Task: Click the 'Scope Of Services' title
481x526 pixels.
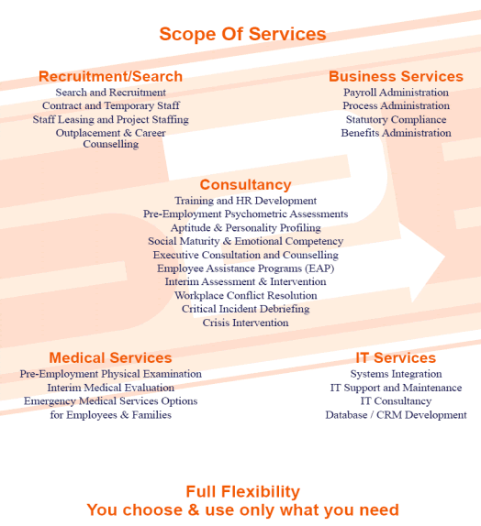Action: pyautogui.click(x=242, y=34)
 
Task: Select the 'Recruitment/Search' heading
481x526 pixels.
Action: pyautogui.click(x=110, y=76)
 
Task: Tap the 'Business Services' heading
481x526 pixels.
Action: pyautogui.click(x=396, y=76)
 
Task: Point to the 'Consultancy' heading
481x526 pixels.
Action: pyautogui.click(x=245, y=184)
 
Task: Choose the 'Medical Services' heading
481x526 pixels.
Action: pyautogui.click(x=110, y=357)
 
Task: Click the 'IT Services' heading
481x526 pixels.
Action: pyautogui.click(x=396, y=357)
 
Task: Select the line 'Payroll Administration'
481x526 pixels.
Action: pyautogui.click(x=396, y=93)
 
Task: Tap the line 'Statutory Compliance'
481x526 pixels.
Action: pyautogui.click(x=396, y=119)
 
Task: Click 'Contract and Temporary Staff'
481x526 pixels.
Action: pyautogui.click(x=111, y=105)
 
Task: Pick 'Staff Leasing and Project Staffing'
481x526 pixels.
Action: pyautogui.click(x=110, y=119)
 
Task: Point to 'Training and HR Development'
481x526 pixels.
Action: pyautogui.click(x=245, y=201)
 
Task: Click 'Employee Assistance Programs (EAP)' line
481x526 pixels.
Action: pyautogui.click(x=245, y=268)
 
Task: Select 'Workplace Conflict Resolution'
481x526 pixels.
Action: pyautogui.click(x=245, y=296)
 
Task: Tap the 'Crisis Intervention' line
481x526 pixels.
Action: pyautogui.click(x=245, y=323)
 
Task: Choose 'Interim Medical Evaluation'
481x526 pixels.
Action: pyautogui.click(x=110, y=388)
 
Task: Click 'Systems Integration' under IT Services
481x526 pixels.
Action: pyautogui.click(x=396, y=374)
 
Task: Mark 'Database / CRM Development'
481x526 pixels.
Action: pyautogui.click(x=396, y=415)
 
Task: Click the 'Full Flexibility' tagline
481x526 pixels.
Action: pyautogui.click(x=242, y=491)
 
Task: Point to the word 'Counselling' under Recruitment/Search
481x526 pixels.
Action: pyautogui.click(x=110, y=144)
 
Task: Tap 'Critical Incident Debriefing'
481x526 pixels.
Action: pyautogui.click(x=245, y=309)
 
